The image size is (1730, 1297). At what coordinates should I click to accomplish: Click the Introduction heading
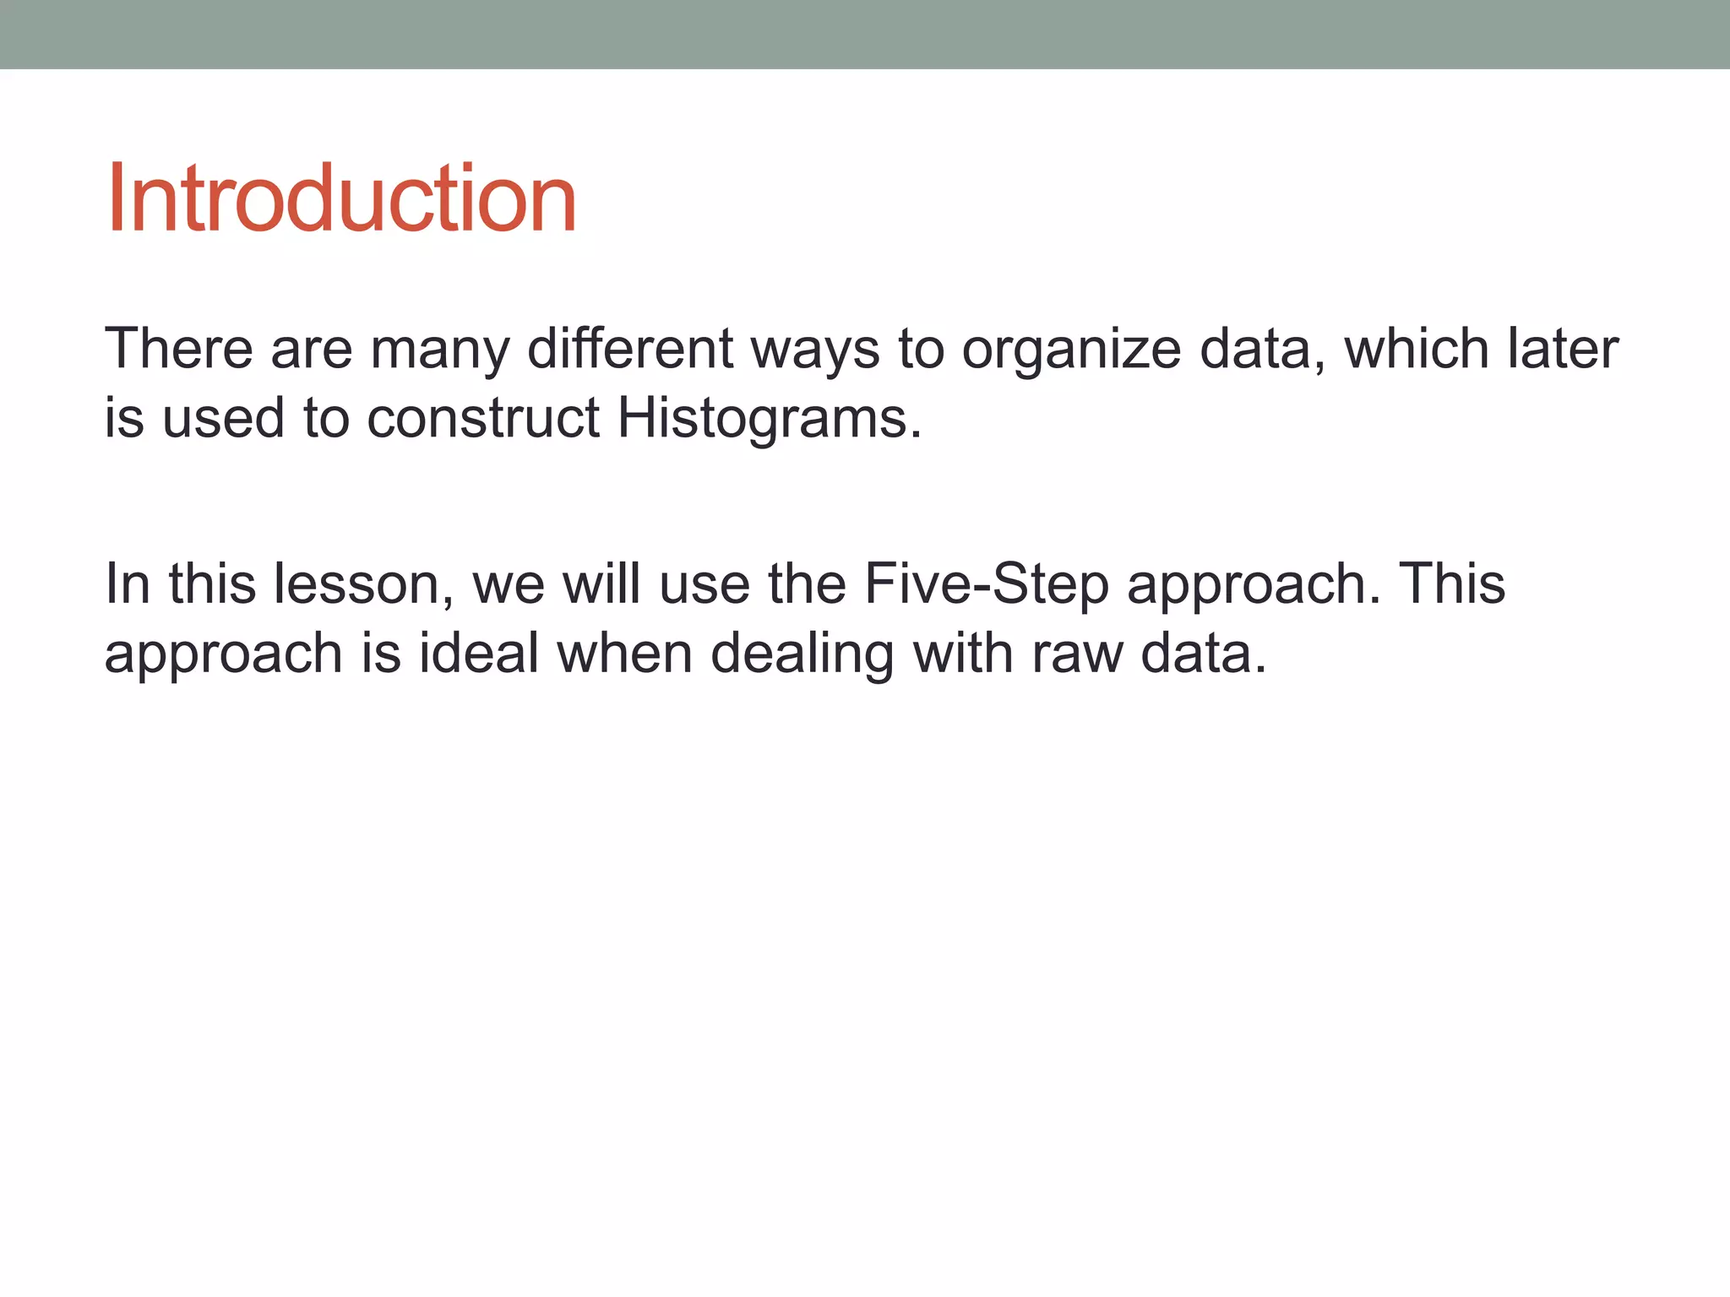coord(341,199)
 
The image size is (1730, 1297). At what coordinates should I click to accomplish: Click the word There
coord(178,349)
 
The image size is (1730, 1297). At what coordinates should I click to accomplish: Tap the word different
coord(630,349)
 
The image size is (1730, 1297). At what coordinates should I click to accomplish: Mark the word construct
coord(483,418)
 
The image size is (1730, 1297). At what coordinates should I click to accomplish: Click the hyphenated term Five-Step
coord(986,584)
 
